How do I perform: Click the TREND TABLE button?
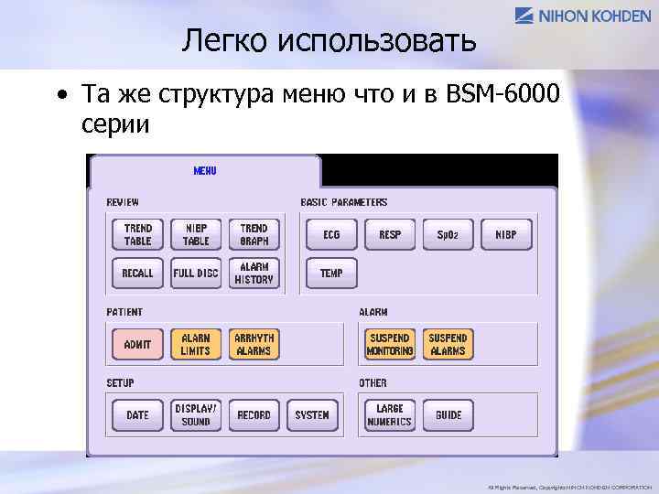[137, 235]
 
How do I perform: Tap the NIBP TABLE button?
[196, 235]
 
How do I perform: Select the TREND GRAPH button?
[254, 235]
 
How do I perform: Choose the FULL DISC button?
[196, 273]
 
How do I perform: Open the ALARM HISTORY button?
[254, 273]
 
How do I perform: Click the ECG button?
[331, 235]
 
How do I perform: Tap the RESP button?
[390, 235]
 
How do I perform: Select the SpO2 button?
[448, 235]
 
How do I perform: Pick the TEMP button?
[331, 273]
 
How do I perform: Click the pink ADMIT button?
[137, 344]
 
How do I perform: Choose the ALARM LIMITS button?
[196, 344]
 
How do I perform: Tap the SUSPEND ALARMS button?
[448, 344]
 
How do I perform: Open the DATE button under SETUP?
[137, 415]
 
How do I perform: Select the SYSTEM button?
[312, 415]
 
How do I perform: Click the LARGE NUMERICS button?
[390, 415]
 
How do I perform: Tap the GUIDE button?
[448, 415]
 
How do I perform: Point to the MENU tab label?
[205, 170]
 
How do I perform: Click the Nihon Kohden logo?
[583, 16]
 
